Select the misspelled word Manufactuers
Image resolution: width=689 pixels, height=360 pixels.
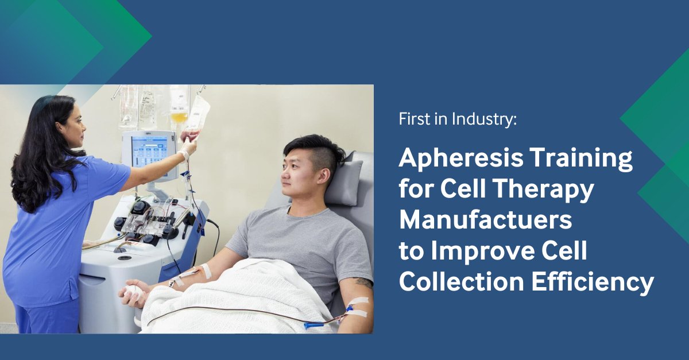(485, 220)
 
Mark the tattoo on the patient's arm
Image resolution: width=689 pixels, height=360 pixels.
(363, 282)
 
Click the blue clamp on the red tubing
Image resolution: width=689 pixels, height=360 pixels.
(314, 326)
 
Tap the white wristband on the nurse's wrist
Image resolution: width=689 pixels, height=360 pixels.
(184, 155)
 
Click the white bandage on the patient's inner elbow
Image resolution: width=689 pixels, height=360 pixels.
(206, 270)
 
